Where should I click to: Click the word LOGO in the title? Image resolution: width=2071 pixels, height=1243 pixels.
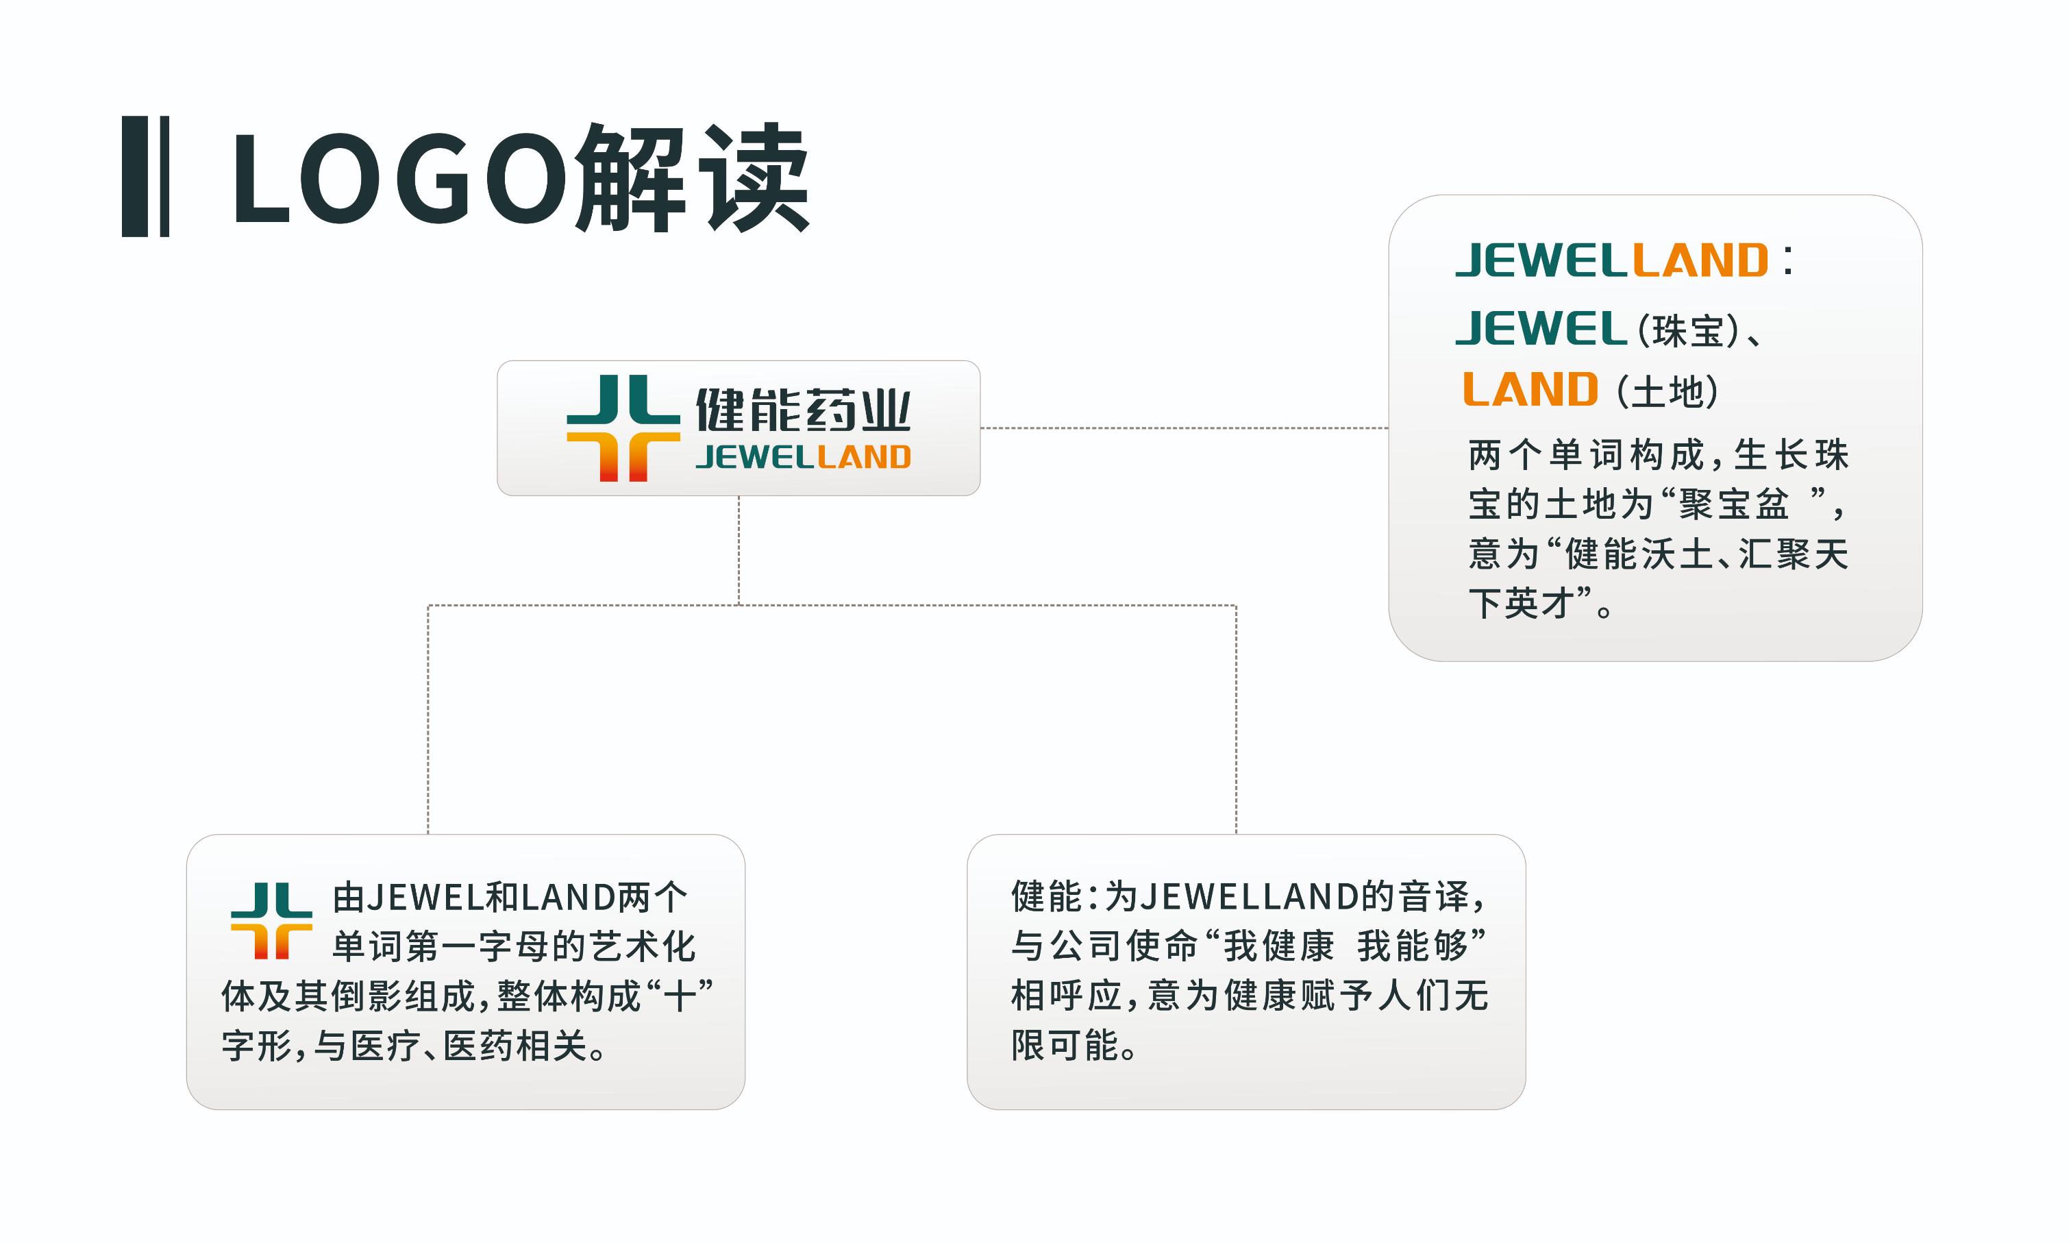[399, 177]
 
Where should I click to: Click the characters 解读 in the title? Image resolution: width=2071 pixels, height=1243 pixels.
[693, 177]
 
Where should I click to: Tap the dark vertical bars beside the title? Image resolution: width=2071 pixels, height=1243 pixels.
[146, 177]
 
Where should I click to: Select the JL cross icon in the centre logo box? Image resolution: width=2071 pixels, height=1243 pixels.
[623, 428]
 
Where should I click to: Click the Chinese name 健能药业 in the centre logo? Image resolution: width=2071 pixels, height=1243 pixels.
[803, 410]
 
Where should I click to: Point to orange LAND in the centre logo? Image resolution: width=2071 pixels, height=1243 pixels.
[863, 457]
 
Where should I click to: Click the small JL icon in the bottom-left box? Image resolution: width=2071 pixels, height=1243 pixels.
[271, 920]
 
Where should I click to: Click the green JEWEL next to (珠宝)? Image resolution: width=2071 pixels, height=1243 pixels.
[1541, 328]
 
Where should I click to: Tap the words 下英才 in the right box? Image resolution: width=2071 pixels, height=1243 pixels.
[1522, 603]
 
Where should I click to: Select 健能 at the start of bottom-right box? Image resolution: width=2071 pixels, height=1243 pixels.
[1047, 896]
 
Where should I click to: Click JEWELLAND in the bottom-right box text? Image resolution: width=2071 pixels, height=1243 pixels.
[1250, 897]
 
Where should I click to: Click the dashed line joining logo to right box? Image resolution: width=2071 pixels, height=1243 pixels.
[1184, 428]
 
